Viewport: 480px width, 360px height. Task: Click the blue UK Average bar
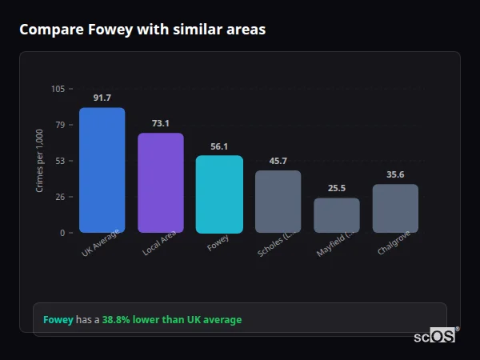[102, 170]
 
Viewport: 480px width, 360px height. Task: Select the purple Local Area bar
[160, 183]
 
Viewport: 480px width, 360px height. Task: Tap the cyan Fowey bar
[219, 194]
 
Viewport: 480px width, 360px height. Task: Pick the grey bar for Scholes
[278, 202]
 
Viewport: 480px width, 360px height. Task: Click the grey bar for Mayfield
[337, 215]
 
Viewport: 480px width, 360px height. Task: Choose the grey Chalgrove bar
[395, 209]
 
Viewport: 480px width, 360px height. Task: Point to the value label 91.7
[102, 98]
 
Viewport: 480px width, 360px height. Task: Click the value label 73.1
[160, 124]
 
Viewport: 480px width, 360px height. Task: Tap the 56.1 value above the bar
[219, 146]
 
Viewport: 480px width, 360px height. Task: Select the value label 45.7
[278, 161]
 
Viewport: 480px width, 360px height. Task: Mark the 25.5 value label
[337, 189]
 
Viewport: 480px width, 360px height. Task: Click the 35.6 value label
[395, 174]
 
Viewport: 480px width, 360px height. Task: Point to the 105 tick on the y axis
[58, 89]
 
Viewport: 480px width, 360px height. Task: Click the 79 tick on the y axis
[60, 125]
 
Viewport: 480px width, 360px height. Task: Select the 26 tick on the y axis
[60, 197]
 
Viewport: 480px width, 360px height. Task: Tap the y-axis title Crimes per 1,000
[40, 160]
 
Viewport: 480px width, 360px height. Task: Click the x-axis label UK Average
[101, 244]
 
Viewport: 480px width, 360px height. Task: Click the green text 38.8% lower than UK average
[171, 320]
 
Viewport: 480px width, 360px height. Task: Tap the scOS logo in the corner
[435, 336]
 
